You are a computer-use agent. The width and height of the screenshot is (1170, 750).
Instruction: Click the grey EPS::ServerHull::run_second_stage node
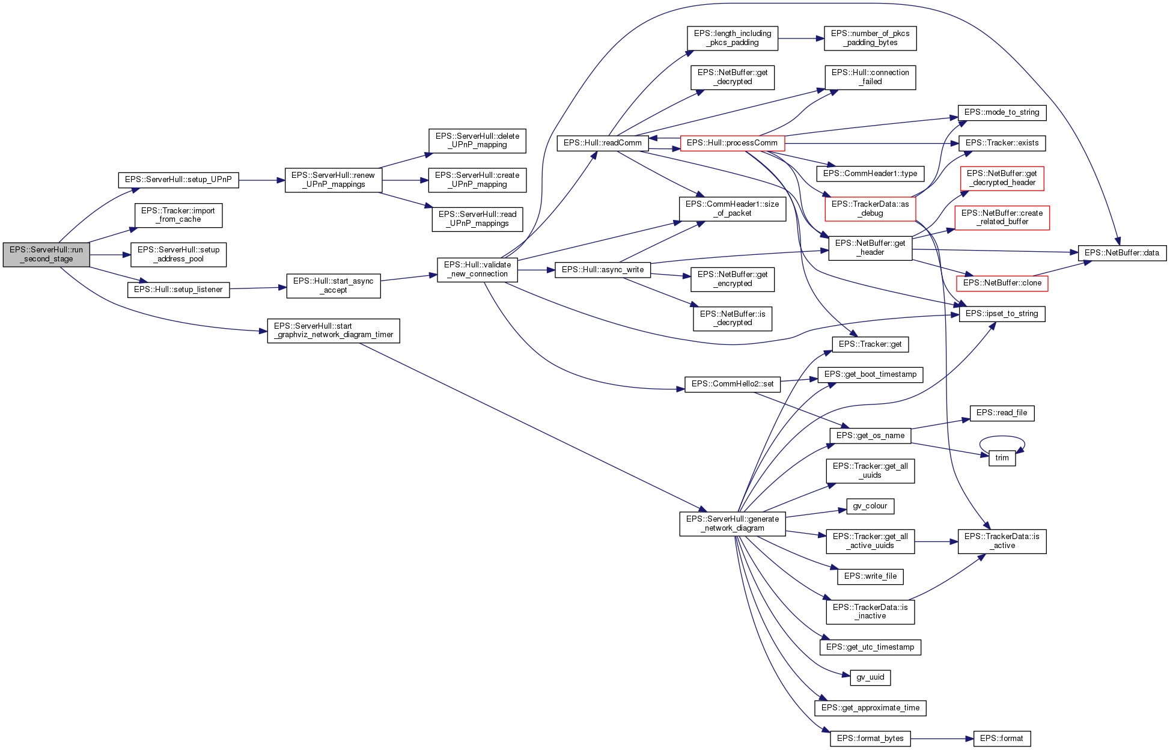point(46,255)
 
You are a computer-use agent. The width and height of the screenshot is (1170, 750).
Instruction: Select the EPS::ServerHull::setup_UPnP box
point(178,180)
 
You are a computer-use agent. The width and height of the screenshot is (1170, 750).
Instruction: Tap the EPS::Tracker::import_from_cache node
point(178,215)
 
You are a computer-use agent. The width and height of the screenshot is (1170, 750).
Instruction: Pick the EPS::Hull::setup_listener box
point(178,290)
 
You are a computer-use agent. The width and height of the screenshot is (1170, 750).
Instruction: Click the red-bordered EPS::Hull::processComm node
point(732,143)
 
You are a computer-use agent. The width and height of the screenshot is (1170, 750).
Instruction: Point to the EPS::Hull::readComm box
point(603,143)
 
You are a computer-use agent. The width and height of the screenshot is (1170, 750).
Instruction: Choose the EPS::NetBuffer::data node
point(1121,253)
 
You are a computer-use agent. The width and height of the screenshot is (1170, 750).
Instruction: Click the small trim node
point(1002,458)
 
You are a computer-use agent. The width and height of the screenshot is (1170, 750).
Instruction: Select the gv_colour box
point(870,506)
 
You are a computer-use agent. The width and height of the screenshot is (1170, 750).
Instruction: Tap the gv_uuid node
point(870,677)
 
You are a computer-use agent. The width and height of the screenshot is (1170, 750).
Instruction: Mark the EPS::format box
point(1001,739)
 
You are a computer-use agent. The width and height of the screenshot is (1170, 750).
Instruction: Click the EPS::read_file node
point(1002,413)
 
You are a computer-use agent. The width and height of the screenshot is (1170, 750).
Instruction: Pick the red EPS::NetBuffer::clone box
point(1002,283)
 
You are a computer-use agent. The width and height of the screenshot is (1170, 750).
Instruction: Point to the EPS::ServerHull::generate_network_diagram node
point(732,523)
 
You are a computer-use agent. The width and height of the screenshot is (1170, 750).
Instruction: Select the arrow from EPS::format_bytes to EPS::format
point(942,739)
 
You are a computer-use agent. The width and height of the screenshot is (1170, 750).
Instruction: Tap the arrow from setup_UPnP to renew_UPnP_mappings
point(261,180)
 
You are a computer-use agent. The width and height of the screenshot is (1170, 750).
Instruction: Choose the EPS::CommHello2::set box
point(732,384)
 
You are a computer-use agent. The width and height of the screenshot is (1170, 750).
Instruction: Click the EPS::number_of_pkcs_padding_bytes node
point(870,38)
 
